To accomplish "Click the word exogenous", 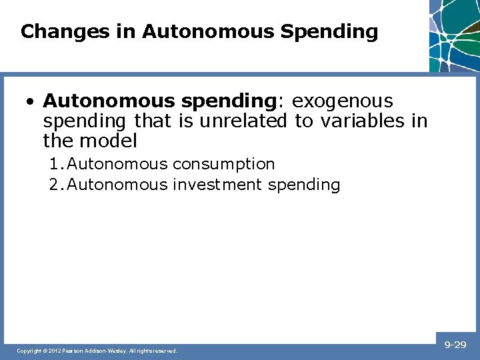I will (x=343, y=101).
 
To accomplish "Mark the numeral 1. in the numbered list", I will (x=57, y=164).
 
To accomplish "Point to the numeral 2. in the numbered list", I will (x=57, y=185).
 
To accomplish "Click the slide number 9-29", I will (x=455, y=345).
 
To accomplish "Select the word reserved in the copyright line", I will (x=165, y=351).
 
